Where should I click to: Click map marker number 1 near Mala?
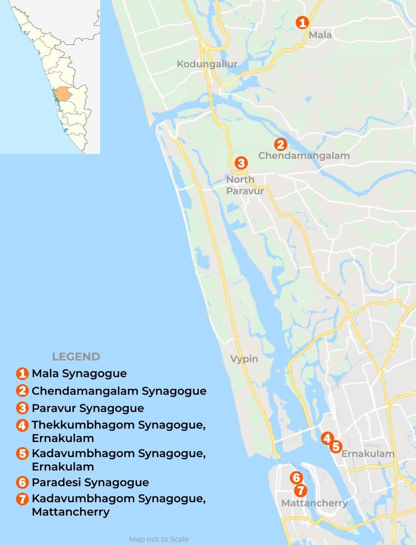click(302, 22)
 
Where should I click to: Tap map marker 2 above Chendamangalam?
click(280, 144)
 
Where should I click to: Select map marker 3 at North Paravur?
click(241, 163)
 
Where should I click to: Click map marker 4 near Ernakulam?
click(326, 438)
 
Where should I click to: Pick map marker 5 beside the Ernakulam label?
click(335, 447)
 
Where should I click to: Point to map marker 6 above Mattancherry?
click(296, 478)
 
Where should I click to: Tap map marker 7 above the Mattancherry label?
click(300, 490)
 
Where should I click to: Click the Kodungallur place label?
click(207, 64)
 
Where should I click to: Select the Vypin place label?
click(244, 359)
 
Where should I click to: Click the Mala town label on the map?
click(320, 35)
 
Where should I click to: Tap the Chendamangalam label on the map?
click(304, 156)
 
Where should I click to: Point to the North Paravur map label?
click(245, 185)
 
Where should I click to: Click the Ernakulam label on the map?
click(368, 454)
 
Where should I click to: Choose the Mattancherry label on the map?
click(315, 503)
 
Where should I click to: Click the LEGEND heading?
click(76, 357)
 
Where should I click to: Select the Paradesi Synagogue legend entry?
click(90, 482)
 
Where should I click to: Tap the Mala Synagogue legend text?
click(79, 374)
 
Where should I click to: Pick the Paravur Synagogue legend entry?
click(87, 408)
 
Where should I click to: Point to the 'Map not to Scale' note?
click(159, 539)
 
